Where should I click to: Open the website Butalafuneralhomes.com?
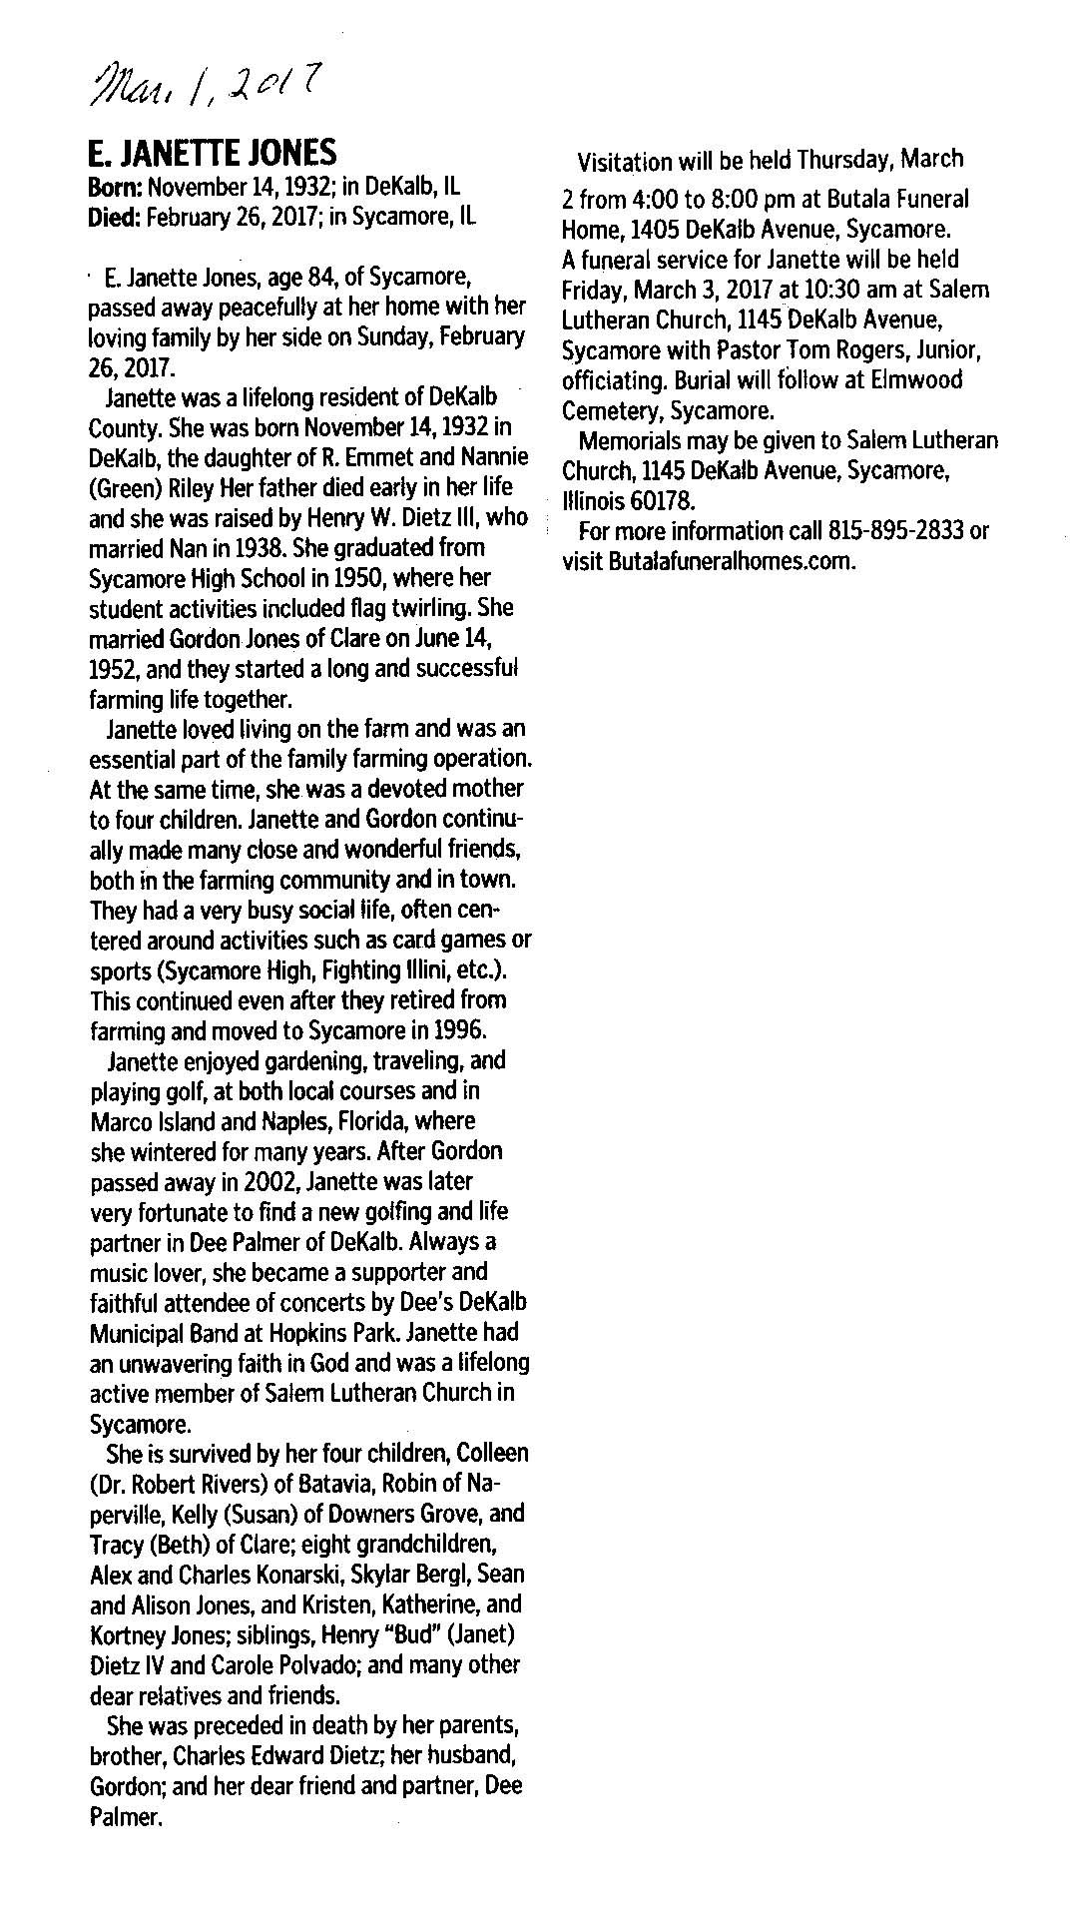coord(732,560)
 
